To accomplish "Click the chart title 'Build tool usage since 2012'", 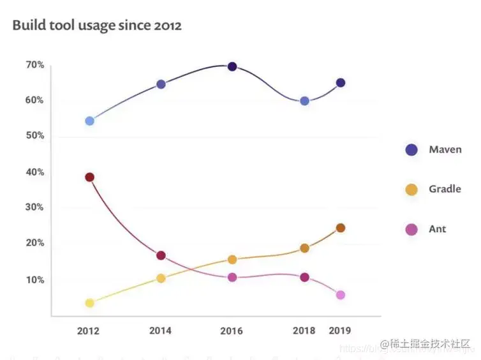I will point(97,26).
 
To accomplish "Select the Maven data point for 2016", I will point(232,67).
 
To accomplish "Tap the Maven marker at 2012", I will point(89,121).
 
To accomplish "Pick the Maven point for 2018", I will point(305,101).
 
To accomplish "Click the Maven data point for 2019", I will point(341,83).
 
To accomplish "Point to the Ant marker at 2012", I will point(89,177).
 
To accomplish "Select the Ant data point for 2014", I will point(161,255).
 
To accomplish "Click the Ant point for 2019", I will point(341,295).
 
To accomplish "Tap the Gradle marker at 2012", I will point(89,303).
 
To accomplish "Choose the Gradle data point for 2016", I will point(232,260).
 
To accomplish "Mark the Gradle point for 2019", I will point(341,228).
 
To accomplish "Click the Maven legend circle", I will point(411,150).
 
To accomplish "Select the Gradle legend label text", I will point(445,189).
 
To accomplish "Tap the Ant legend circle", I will point(411,229).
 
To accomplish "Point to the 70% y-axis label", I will point(35,65).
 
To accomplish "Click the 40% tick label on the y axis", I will point(35,172).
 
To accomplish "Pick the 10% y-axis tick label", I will point(35,280).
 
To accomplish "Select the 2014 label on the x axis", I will point(160,331).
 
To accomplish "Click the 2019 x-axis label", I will point(341,331).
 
